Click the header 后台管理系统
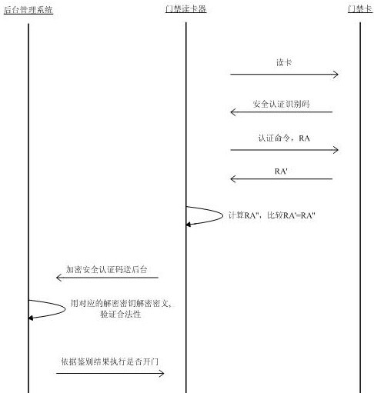(x=28, y=10)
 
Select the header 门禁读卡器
(x=185, y=9)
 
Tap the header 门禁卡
(x=360, y=8)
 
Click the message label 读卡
(x=284, y=62)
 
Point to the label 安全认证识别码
(x=281, y=104)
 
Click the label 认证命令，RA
(x=284, y=138)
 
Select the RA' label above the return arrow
(x=281, y=171)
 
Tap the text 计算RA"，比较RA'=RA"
(x=272, y=215)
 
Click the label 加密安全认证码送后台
(x=106, y=269)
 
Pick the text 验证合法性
(x=121, y=314)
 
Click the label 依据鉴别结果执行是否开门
(x=110, y=361)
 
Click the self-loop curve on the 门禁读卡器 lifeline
(x=222, y=215)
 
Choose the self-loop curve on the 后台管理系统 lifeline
(x=65, y=309)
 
